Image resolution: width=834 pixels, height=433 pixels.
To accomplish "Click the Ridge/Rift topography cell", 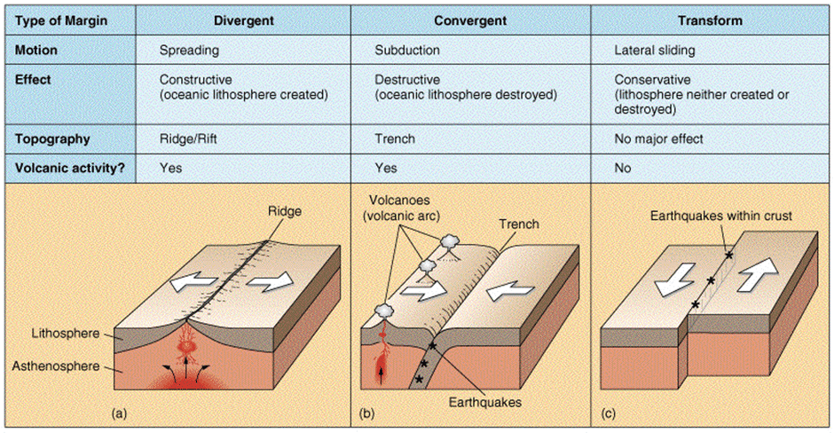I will pyautogui.click(x=189, y=139).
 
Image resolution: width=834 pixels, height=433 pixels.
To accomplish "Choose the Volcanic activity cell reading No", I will pyautogui.click(x=623, y=166).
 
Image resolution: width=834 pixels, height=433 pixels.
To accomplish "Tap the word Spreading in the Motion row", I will pyautogui.click(x=188, y=51).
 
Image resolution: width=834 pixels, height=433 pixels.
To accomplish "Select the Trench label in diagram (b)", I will pyautogui.click(x=518, y=224).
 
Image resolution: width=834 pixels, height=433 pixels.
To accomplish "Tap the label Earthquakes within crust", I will pyautogui.click(x=720, y=216).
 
